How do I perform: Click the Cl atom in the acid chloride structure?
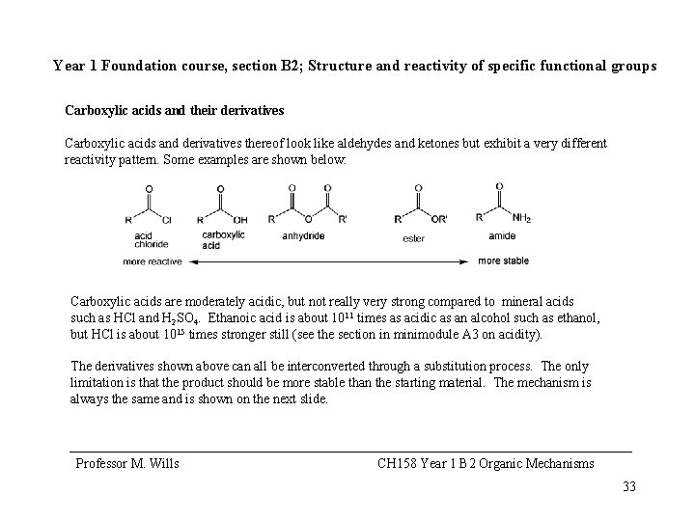166,220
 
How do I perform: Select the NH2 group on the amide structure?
522,218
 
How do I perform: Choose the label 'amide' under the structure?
502,235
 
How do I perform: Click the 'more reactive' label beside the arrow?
153,260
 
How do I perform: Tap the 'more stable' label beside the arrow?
503,260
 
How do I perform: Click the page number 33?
629,486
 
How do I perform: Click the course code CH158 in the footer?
398,464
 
